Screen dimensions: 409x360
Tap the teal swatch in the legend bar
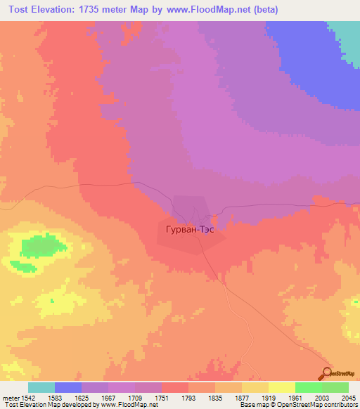tap(41, 387)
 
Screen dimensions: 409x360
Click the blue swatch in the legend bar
tap(68, 387)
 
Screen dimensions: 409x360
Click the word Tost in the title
tap(21, 10)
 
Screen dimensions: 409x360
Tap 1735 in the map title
tap(99, 10)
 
